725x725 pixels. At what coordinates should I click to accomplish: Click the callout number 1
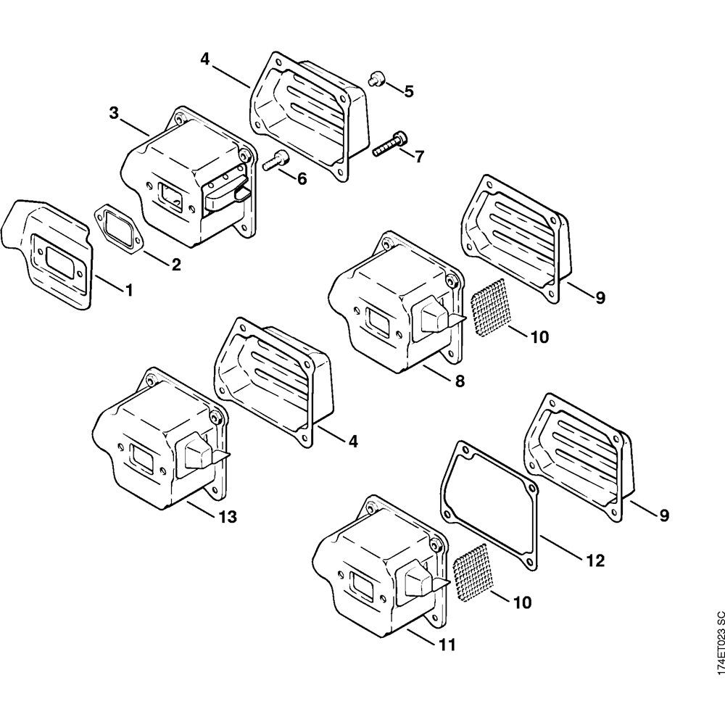[x=129, y=291]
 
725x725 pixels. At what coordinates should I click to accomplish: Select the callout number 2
[x=176, y=265]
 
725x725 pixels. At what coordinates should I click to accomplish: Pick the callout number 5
[x=409, y=91]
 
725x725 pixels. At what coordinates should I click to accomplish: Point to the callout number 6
[x=302, y=178]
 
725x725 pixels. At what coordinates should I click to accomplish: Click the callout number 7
[x=419, y=156]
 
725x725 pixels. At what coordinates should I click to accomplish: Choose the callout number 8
[x=460, y=381]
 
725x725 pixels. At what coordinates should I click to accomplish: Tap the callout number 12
[x=595, y=560]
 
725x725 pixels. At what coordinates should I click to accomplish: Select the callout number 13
[x=227, y=517]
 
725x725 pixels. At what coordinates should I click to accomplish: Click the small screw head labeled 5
[x=377, y=78]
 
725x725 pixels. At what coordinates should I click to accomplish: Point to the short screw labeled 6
[x=274, y=160]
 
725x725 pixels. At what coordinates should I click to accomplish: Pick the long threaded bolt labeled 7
[x=389, y=145]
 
